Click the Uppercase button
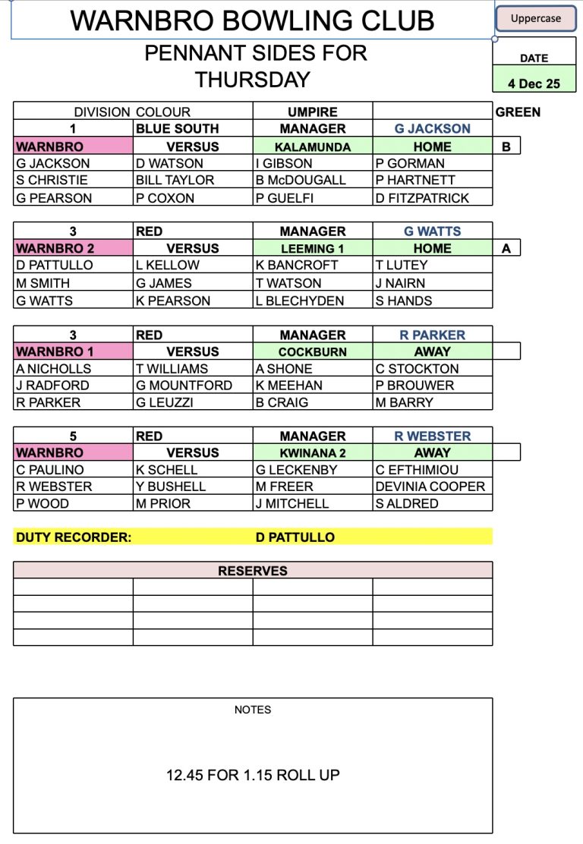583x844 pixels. coord(535,19)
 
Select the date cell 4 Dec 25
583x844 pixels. coord(534,83)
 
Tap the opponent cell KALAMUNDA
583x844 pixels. coord(313,146)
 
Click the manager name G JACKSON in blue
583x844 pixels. coord(433,128)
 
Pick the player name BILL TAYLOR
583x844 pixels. coord(175,180)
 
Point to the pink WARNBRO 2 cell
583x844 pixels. coord(73,248)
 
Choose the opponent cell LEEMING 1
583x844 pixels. coord(313,248)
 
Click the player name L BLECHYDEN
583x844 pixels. coord(300,301)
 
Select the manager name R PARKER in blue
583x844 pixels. coord(433,335)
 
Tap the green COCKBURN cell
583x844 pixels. coord(313,352)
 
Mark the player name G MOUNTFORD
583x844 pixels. coord(184,385)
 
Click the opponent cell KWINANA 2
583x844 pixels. coord(313,453)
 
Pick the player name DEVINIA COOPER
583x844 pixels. coord(430,487)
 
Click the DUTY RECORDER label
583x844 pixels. coord(74,537)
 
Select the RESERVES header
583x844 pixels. coord(253,571)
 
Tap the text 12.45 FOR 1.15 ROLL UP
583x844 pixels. coord(253,775)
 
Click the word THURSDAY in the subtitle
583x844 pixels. coord(252,80)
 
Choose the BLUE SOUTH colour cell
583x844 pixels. coord(178,128)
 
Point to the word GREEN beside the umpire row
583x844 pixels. coord(518,112)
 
